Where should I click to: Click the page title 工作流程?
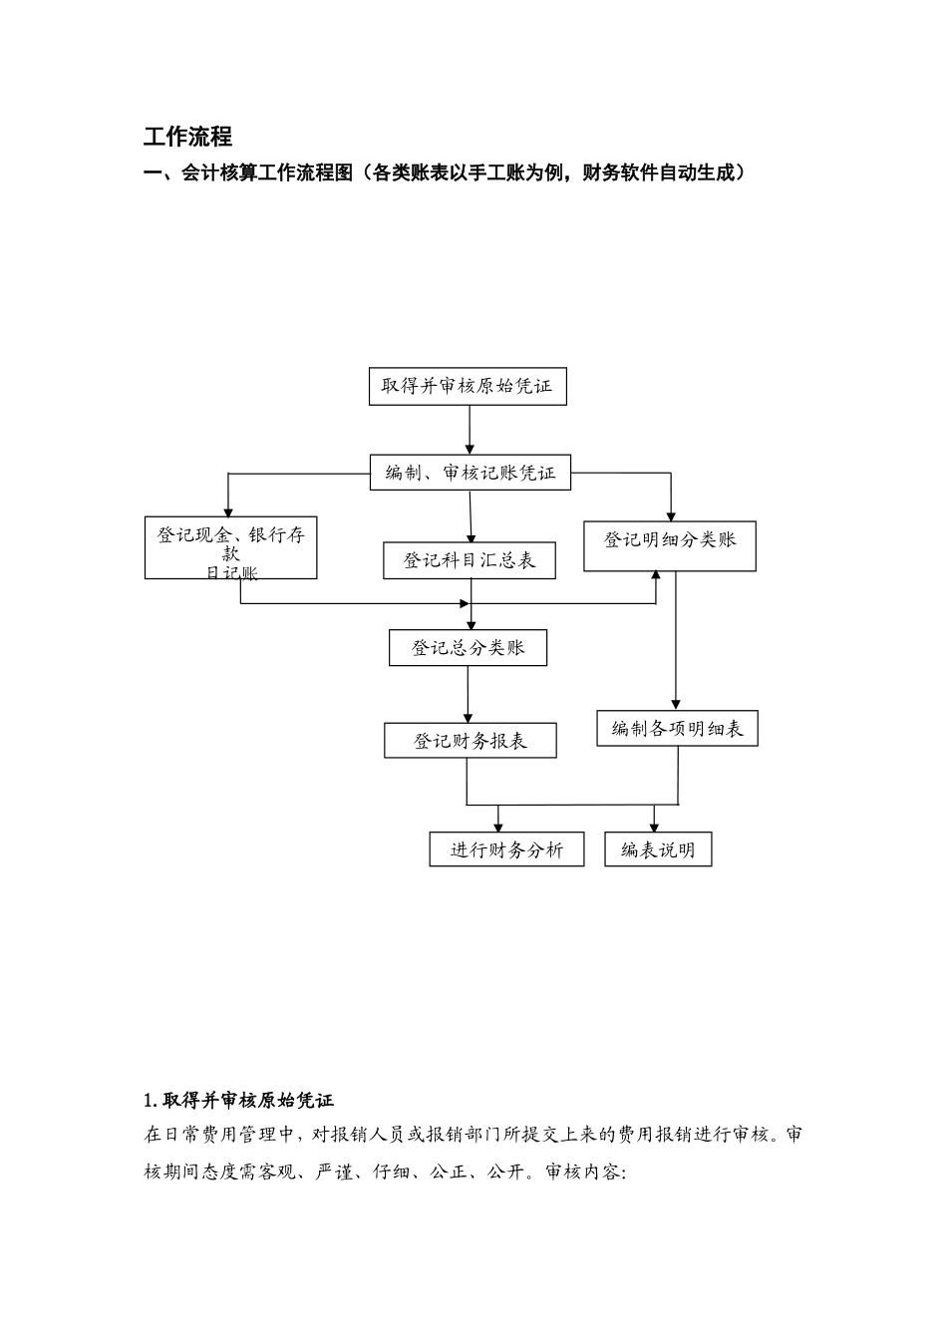tap(187, 137)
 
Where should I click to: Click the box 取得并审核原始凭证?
tap(468, 386)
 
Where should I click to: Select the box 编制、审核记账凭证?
tap(471, 473)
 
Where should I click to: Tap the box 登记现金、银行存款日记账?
tap(230, 548)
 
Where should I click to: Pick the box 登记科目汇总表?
tap(469, 560)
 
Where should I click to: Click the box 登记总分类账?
tap(468, 648)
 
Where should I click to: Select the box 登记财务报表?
tap(470, 741)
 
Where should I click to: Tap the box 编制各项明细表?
tap(677, 729)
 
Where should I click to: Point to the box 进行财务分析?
tap(506, 850)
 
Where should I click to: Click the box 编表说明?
tap(658, 850)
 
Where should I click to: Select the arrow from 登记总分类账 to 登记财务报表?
tap(468, 694)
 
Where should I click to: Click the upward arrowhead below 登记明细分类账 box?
tap(655, 575)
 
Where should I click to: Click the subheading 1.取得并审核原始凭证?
tap(239, 1100)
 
